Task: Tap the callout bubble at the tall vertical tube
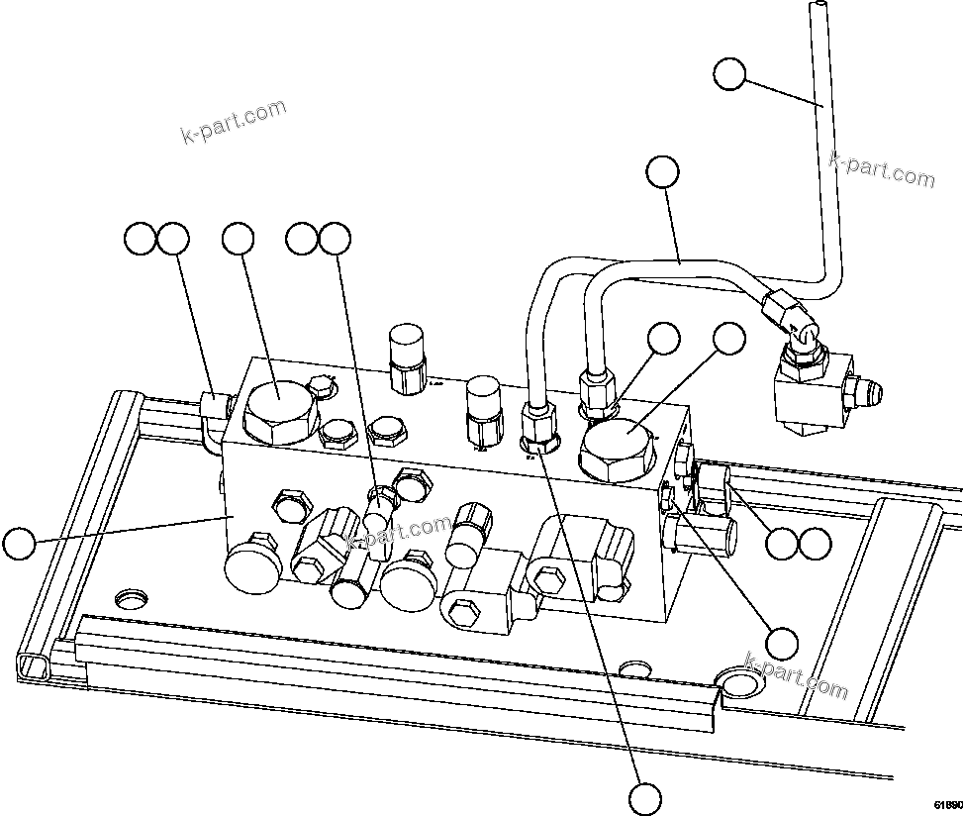click(729, 73)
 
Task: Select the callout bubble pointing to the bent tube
click(663, 171)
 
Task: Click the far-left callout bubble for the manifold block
click(19, 543)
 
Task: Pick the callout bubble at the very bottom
click(644, 796)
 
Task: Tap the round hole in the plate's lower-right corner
click(738, 682)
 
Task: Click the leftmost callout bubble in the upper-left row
click(140, 238)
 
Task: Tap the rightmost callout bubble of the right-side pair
click(814, 542)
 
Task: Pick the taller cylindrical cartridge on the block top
click(407, 356)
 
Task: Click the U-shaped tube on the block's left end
click(210, 421)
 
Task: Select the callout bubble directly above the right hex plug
click(729, 338)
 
